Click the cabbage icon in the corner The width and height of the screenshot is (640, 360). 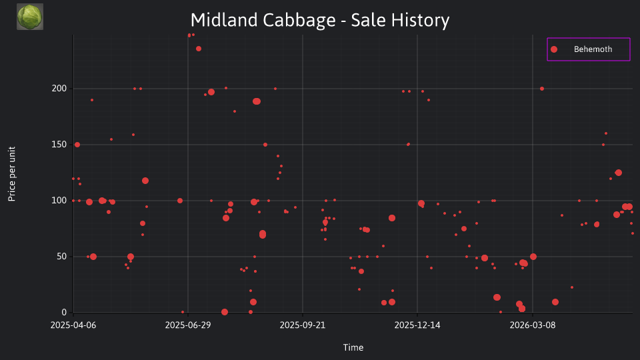30,17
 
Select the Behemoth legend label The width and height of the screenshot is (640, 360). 593,49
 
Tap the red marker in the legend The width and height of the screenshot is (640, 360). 554,49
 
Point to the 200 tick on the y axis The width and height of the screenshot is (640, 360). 59,89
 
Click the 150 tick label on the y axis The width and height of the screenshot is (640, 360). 59,145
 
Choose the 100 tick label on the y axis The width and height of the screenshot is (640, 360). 59,201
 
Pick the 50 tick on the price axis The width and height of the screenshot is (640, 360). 61,256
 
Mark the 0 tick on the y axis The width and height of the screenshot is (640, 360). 64,312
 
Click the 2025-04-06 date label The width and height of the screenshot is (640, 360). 73,325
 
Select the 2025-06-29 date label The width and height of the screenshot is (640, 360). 188,325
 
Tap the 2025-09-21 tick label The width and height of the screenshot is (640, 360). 303,325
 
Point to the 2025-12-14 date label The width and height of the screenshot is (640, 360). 417,325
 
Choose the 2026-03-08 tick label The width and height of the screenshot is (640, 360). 532,325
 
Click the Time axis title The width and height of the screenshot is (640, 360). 353,347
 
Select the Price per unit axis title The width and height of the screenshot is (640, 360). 12,174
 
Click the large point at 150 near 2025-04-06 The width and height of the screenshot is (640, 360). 77,145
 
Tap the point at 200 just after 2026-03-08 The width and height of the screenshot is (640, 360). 542,89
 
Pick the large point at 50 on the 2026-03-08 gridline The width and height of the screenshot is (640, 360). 533,257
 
